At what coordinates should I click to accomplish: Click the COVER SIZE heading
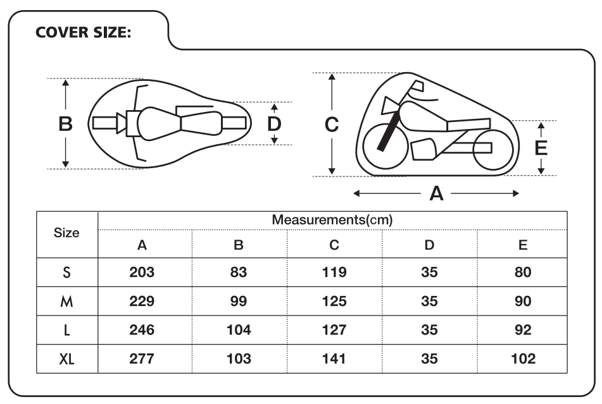(83, 32)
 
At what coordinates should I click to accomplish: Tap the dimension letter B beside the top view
(65, 124)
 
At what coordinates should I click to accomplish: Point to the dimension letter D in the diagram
(274, 124)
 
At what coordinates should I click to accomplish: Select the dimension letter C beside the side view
(332, 125)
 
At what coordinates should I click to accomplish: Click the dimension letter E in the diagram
(541, 148)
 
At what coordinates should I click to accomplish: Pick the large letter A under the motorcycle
(436, 193)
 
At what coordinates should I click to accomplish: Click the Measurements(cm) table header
(332, 219)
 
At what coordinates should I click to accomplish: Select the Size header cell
(66, 233)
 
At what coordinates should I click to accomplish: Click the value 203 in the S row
(142, 272)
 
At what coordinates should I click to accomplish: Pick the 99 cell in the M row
(239, 301)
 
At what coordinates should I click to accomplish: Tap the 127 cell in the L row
(334, 330)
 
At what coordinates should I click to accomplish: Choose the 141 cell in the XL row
(334, 358)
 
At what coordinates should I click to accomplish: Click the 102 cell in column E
(523, 358)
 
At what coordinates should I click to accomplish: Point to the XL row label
(66, 358)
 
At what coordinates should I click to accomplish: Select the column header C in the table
(334, 245)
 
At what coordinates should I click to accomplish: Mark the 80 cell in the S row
(523, 272)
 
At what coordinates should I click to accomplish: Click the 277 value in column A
(142, 358)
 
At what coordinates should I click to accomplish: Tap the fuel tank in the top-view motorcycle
(158, 124)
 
